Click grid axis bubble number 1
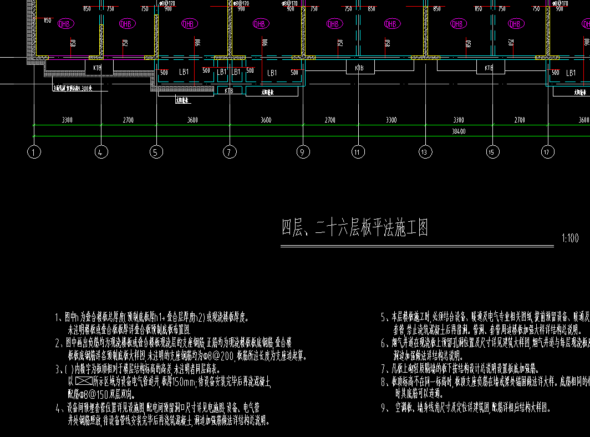click(x=34, y=151)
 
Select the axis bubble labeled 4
click(x=100, y=151)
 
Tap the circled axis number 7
click(x=230, y=151)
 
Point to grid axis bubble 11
click(x=358, y=151)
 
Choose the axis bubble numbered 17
click(x=547, y=151)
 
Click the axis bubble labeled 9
click(x=303, y=151)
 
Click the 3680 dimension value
click(x=192, y=120)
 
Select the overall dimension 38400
click(x=458, y=131)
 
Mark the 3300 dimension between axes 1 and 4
click(x=67, y=120)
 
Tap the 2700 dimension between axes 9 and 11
click(x=330, y=120)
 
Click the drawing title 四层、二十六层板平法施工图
click(x=355, y=228)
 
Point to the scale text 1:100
click(x=569, y=239)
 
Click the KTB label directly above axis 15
click(x=489, y=68)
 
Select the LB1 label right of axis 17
click(x=571, y=73)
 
